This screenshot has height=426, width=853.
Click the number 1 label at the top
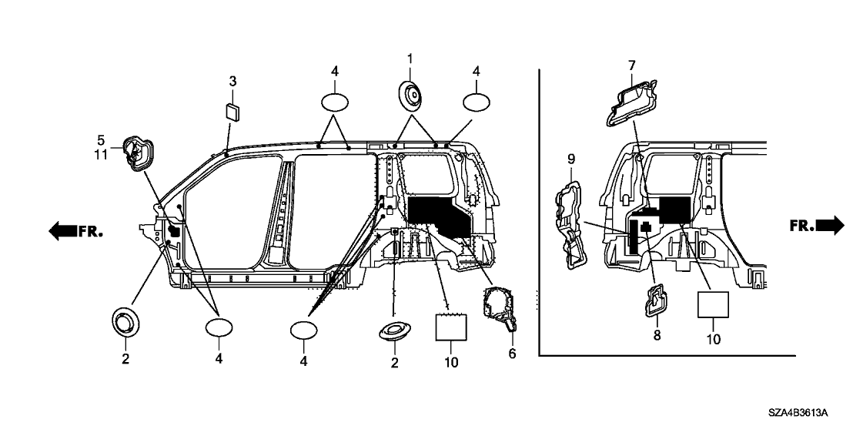click(x=410, y=59)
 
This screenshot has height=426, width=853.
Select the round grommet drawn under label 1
click(x=410, y=96)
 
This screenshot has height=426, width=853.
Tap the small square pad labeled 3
click(x=232, y=109)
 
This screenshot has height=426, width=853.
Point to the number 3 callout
click(x=232, y=81)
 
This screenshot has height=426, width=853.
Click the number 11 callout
click(x=100, y=153)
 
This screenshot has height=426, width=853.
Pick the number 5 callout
click(x=100, y=140)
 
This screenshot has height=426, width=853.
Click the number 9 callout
click(x=571, y=159)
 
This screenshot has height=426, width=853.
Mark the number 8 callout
click(x=657, y=336)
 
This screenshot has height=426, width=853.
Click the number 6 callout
click(x=512, y=354)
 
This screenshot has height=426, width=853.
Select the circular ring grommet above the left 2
click(x=125, y=321)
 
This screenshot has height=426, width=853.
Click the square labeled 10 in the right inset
click(x=713, y=304)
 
